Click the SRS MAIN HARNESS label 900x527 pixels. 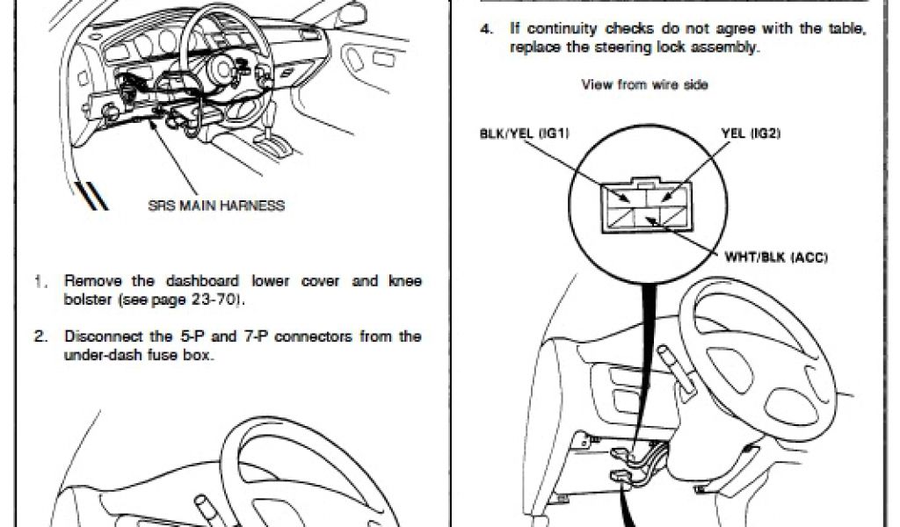tap(216, 206)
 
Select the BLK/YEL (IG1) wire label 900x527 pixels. tap(524, 134)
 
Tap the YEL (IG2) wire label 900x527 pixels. tap(751, 134)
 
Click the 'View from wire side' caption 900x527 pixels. tap(644, 85)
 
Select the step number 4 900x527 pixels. tap(484, 29)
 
